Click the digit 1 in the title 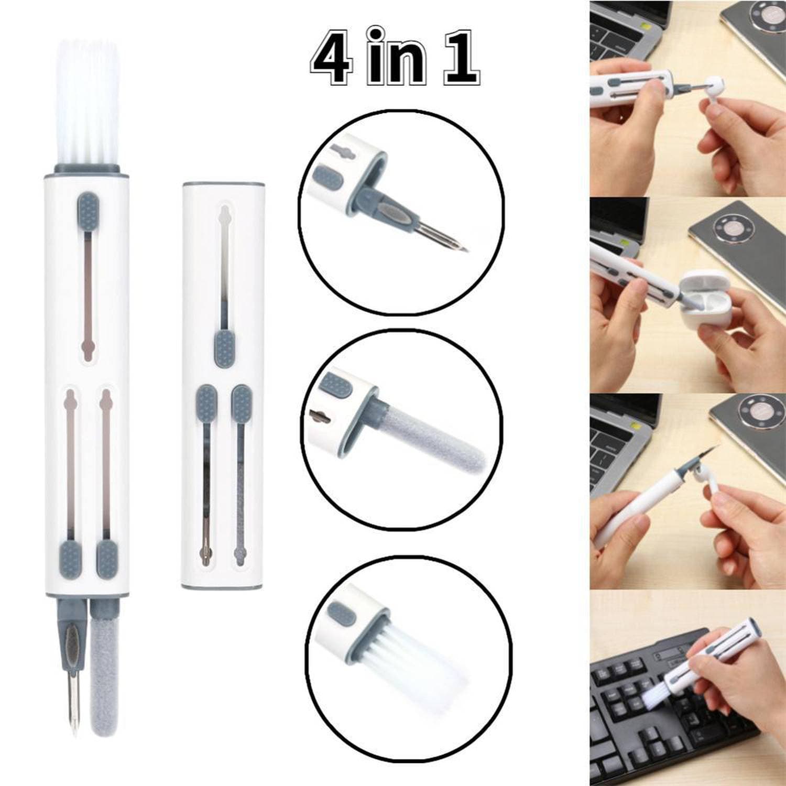point(460,58)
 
